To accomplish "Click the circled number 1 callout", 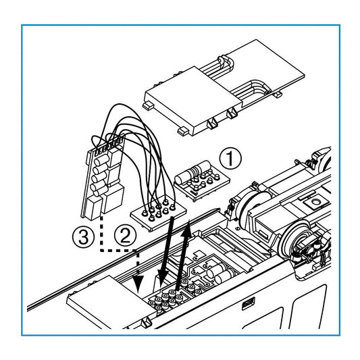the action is click(x=230, y=159).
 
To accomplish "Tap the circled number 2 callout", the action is click(x=126, y=236).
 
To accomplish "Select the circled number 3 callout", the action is click(x=83, y=236).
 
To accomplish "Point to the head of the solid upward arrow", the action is click(x=188, y=228).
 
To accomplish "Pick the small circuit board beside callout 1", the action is click(x=202, y=180).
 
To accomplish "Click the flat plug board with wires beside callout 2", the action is click(x=158, y=213).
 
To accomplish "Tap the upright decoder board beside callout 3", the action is click(x=103, y=177).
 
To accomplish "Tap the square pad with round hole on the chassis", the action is click(x=315, y=202).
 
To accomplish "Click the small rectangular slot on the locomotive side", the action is click(x=248, y=303).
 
